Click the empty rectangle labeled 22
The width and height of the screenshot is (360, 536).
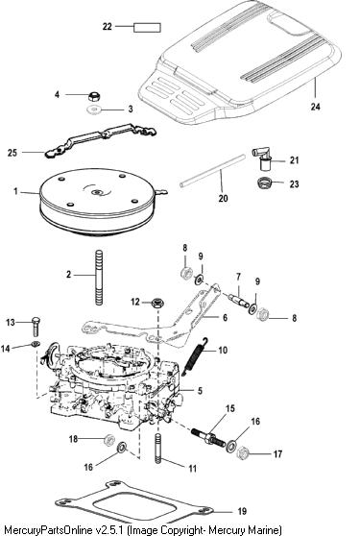click(x=147, y=27)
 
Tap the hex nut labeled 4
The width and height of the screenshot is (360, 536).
click(x=93, y=96)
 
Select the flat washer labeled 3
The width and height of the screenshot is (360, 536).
click(x=92, y=110)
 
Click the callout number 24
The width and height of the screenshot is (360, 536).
click(x=315, y=107)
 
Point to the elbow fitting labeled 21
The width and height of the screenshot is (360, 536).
click(x=263, y=158)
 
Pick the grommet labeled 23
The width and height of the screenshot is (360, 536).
click(x=263, y=183)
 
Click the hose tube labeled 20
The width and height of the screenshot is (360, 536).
click(x=212, y=171)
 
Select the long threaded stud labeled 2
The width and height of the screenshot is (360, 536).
click(x=99, y=278)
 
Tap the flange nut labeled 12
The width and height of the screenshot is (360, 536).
click(x=157, y=304)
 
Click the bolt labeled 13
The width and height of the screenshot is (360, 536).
click(x=36, y=326)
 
